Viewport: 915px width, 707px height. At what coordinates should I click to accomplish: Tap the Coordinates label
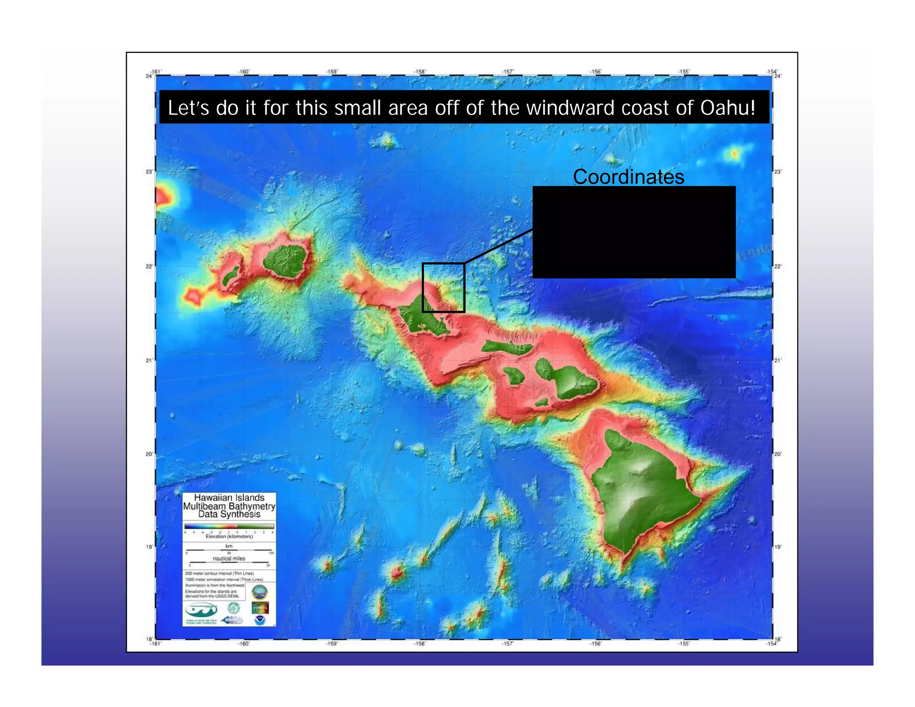(628, 177)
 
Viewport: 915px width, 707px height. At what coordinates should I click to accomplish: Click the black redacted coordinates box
(634, 232)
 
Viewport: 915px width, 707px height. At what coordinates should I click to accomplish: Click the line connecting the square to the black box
(499, 246)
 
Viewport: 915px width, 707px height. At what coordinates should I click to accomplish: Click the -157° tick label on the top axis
(508, 72)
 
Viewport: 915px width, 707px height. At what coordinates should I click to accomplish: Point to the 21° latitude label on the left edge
(149, 360)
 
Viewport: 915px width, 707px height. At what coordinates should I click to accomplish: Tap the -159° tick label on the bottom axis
(332, 644)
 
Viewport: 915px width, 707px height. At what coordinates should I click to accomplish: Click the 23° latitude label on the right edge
(778, 172)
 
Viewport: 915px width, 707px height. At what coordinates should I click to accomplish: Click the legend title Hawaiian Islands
(229, 498)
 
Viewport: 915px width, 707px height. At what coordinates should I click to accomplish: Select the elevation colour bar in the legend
(229, 526)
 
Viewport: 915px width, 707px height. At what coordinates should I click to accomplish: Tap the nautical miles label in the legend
(229, 559)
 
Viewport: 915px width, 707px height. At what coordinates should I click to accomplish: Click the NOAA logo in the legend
(260, 620)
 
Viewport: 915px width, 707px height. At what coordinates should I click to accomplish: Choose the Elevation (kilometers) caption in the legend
(229, 537)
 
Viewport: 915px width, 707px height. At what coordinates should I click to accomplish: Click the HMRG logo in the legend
(232, 620)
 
